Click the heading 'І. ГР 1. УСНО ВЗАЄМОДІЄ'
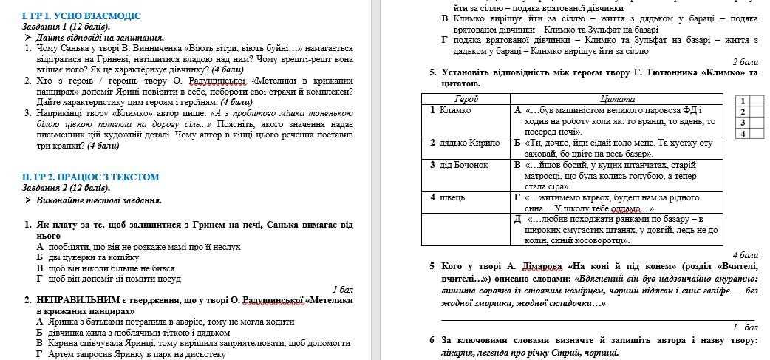coord(81,16)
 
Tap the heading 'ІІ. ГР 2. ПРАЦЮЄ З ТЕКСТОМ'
coord(90,177)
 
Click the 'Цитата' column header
coord(613,98)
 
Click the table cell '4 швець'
coord(448,197)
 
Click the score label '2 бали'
coord(746,62)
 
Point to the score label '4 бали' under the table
coord(746,254)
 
